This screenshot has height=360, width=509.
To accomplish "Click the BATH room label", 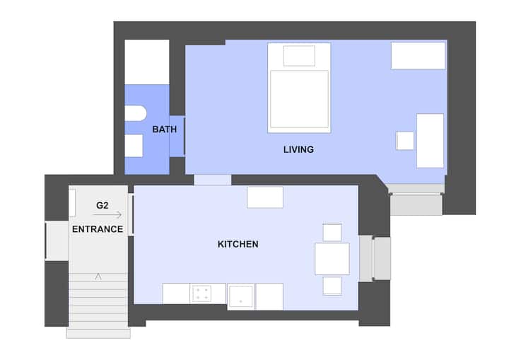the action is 165,129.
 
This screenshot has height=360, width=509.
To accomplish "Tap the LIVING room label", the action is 298,149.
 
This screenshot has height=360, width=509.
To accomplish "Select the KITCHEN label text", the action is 238,244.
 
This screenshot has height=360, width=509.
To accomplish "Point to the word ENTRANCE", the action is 98,229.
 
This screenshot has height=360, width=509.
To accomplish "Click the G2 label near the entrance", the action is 103,205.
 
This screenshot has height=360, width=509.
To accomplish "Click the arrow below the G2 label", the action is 107,215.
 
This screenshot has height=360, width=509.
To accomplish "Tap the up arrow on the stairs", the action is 98,277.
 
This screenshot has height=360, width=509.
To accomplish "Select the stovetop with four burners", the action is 202,294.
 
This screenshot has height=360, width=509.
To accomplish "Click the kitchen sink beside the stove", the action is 240,297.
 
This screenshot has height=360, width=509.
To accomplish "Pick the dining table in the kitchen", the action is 332,259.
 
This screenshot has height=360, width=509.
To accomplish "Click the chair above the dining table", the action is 332,232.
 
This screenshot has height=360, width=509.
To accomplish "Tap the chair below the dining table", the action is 332,286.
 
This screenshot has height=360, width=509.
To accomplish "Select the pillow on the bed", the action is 299,56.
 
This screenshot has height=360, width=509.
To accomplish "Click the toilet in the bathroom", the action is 135,113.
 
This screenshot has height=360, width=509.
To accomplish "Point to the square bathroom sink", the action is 134,146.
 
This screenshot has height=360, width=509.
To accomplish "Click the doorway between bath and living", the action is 177,137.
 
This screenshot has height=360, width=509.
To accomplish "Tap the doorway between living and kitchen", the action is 213,180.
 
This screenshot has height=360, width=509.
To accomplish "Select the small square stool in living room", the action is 405,141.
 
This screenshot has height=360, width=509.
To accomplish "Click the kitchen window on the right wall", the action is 375,258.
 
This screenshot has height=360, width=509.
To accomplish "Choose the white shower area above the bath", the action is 147,62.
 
